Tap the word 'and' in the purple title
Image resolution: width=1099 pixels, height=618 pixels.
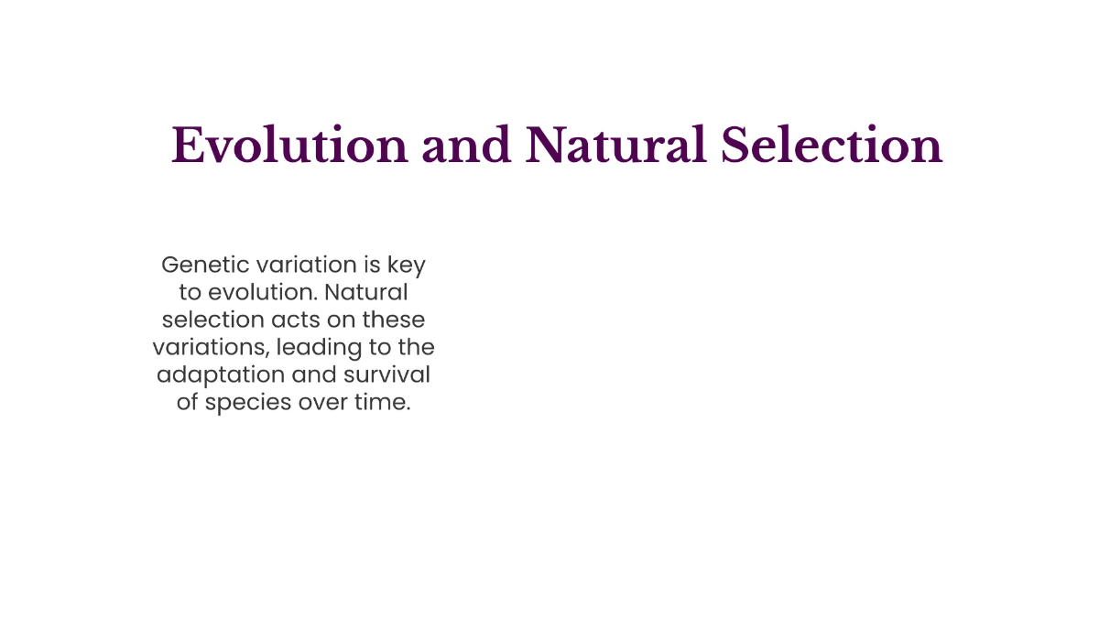pos(467,146)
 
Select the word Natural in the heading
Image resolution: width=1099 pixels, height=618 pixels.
pos(616,146)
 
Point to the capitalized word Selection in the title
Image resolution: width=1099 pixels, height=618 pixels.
pos(832,146)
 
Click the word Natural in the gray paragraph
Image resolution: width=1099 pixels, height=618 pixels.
pos(367,293)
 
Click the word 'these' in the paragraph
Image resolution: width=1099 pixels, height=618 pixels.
pos(394,320)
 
